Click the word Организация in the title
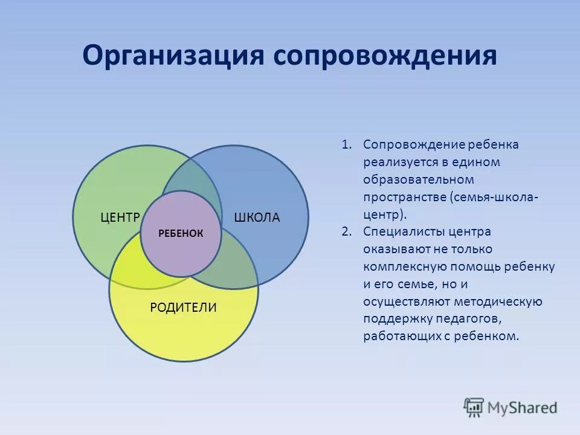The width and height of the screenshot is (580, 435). (173, 56)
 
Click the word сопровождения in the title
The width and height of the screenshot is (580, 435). (385, 56)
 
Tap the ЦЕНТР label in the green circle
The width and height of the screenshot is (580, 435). (120, 217)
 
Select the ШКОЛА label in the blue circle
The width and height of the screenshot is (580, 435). (257, 217)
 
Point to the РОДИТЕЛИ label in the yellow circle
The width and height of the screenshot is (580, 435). (183, 308)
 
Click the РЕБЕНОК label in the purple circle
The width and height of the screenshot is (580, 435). (181, 233)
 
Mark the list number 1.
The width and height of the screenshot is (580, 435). (346, 145)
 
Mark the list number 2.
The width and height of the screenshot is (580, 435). (346, 232)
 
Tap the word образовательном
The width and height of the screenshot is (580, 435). (410, 180)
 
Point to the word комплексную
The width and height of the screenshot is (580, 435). (401, 266)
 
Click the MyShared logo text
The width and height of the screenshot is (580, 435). (523, 407)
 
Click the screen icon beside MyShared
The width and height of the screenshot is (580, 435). (474, 407)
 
